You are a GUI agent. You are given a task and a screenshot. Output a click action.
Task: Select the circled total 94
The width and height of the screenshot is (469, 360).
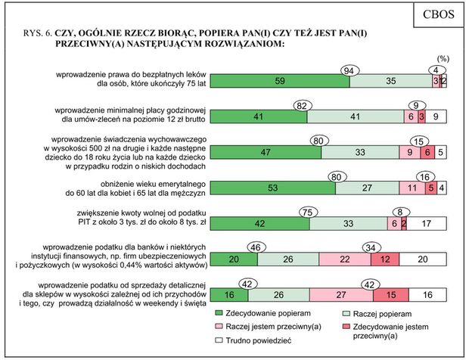click(349, 70)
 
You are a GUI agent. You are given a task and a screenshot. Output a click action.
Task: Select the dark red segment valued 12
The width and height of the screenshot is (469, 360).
click(386, 259)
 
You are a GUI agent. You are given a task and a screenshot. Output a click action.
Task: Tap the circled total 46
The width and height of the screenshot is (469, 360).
click(256, 249)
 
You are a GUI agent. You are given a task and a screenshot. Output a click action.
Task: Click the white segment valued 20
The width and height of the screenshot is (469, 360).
click(424, 259)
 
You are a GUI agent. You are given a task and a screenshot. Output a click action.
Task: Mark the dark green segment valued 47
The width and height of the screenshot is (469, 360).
click(265, 152)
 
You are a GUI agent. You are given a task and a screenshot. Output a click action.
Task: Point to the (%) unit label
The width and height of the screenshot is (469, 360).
click(444, 59)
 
